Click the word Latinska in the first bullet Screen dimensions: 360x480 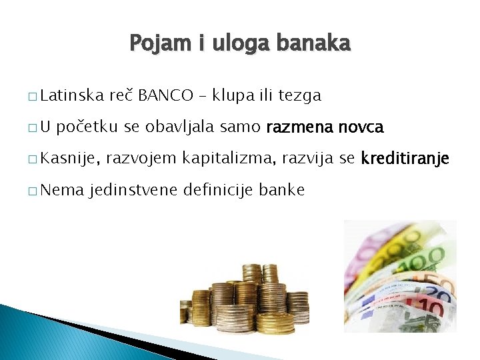70,96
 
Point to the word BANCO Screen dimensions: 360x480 167,96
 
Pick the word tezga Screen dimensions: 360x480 299,96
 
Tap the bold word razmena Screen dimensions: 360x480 299,127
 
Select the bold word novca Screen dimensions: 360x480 361,127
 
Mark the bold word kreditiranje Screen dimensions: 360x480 405,159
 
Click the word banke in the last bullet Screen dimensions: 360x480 282,190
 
